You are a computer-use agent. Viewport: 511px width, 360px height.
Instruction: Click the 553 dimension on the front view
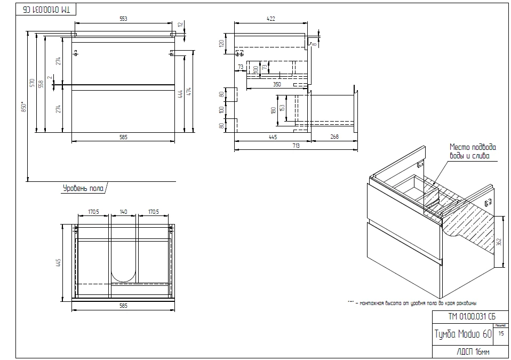pyautogui.click(x=123, y=19)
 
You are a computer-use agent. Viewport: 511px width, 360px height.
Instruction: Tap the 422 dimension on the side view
pyautogui.click(x=270, y=19)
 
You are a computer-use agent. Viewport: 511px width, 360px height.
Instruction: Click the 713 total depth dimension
pyautogui.click(x=295, y=146)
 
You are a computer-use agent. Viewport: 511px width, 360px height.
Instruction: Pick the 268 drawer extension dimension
pyautogui.click(x=334, y=137)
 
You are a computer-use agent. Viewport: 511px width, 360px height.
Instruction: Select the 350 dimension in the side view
pyautogui.click(x=276, y=84)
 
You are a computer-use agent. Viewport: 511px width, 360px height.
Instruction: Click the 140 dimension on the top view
pyautogui.click(x=124, y=212)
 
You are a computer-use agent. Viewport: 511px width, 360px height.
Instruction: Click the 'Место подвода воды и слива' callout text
pyautogui.click(x=473, y=151)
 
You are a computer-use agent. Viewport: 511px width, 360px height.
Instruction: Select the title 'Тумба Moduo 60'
pyautogui.click(x=463, y=334)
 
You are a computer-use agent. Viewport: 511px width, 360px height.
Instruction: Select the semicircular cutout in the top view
pyautogui.click(x=123, y=275)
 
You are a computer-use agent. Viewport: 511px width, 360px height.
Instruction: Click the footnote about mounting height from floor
pyautogui.click(x=412, y=302)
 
